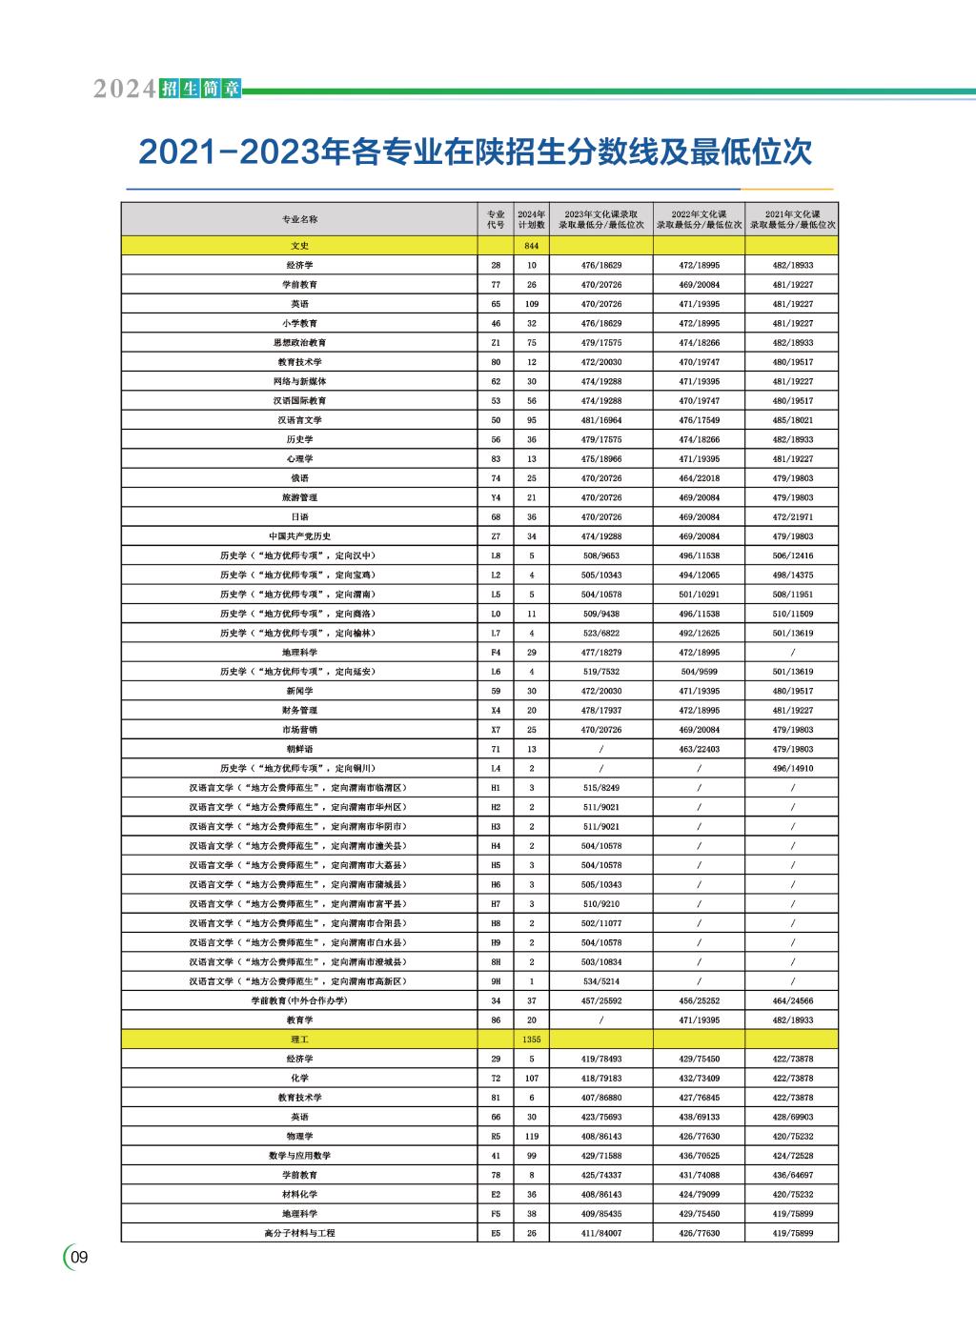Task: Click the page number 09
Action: pyautogui.click(x=79, y=1258)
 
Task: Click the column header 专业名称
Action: pyautogui.click(x=299, y=219)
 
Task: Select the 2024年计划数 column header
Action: pyautogui.click(x=531, y=219)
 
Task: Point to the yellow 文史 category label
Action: pyautogui.click(x=299, y=246)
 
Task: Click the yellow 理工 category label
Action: pyautogui.click(x=299, y=1039)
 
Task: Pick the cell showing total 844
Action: pyautogui.click(x=531, y=246)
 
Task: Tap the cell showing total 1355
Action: pyautogui.click(x=531, y=1039)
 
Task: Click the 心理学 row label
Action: pyautogui.click(x=299, y=458)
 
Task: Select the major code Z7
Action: pyautogui.click(x=496, y=536)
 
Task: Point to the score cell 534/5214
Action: pyautogui.click(x=600, y=981)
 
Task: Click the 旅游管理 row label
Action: pyautogui.click(x=299, y=497)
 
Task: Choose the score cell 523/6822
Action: pyautogui.click(x=600, y=633)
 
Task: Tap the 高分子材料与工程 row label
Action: pyautogui.click(x=299, y=1233)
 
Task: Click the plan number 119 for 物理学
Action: pyautogui.click(x=531, y=1137)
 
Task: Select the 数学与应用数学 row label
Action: pyautogui.click(x=299, y=1156)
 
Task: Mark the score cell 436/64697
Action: pyautogui.click(x=792, y=1175)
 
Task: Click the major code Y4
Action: pyautogui.click(x=496, y=497)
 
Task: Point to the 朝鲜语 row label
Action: pyautogui.click(x=299, y=749)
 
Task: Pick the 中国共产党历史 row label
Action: pyautogui.click(x=299, y=536)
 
